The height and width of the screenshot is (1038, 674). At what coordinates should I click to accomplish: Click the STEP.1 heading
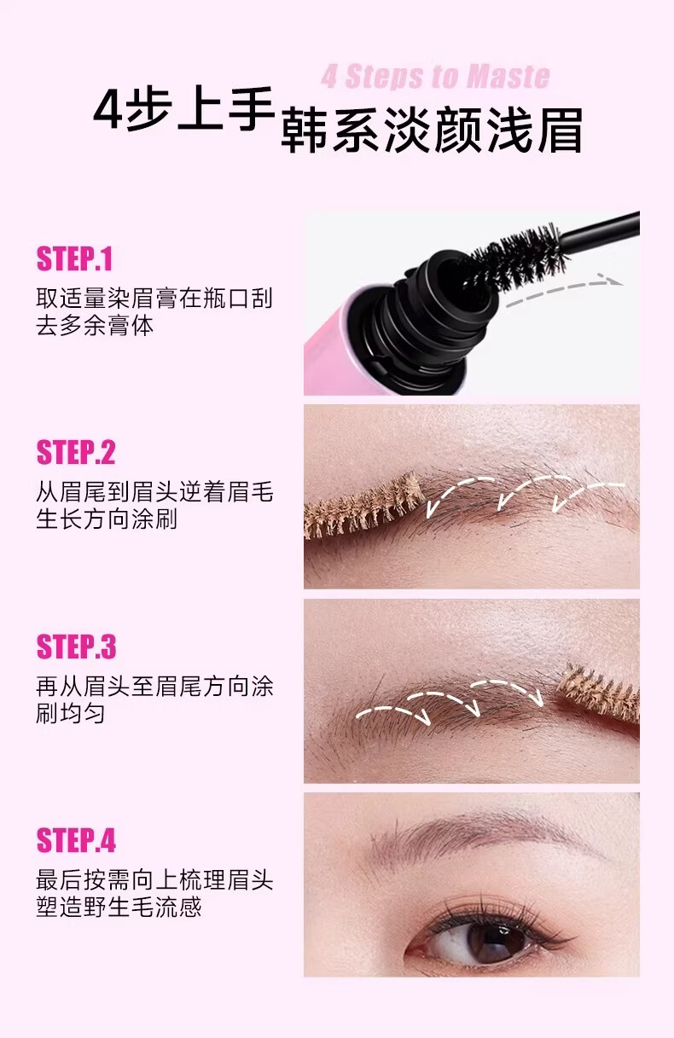(74, 258)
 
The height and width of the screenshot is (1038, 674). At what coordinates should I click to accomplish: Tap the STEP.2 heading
(76, 452)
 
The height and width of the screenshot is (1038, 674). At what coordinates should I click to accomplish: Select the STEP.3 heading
(76, 647)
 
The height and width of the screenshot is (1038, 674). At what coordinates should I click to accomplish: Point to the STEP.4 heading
(76, 840)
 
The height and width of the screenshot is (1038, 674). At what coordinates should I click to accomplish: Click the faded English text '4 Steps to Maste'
(435, 77)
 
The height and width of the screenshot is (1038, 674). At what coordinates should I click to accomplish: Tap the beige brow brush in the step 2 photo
(364, 506)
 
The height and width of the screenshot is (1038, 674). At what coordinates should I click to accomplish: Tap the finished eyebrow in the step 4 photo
(482, 834)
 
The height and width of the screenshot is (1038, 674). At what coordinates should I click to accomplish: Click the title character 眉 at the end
(560, 130)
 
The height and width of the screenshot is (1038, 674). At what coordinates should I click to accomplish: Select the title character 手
(249, 109)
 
